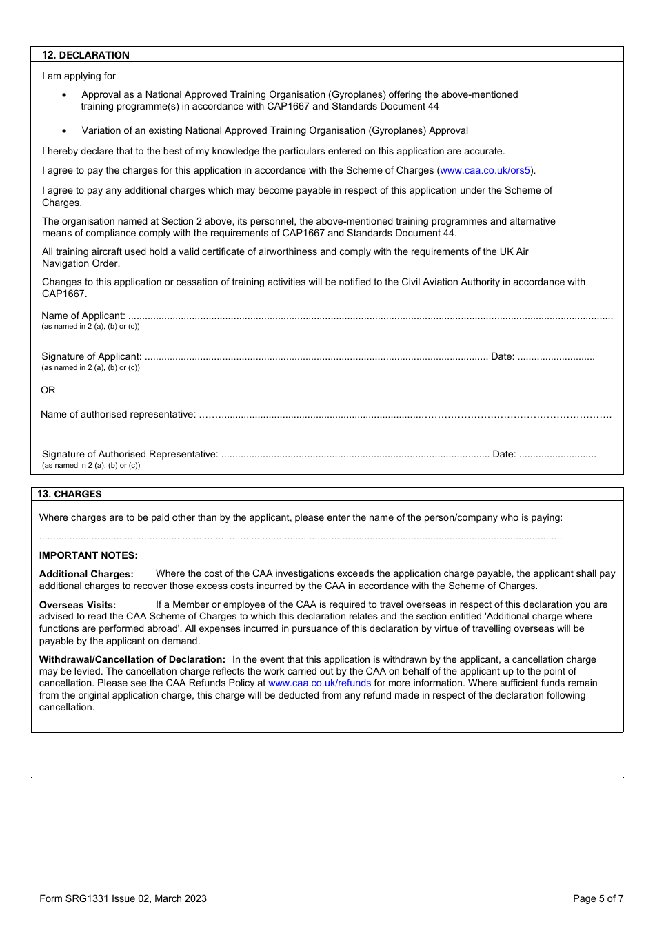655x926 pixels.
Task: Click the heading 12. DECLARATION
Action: [x=85, y=55]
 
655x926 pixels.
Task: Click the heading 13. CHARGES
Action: [x=70, y=494]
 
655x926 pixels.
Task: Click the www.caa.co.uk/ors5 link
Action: [x=485, y=170]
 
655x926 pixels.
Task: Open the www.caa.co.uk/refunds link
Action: [x=319, y=683]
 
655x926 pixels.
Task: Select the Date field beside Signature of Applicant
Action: [x=556, y=358]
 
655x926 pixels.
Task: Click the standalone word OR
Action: [x=48, y=390]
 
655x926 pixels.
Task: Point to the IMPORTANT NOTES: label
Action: [x=88, y=555]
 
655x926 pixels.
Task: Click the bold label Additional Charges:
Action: [x=86, y=574]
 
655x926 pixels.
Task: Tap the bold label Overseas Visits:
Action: [x=77, y=605]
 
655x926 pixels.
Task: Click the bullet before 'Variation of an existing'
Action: [x=65, y=131]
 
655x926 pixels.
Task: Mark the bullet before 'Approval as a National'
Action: [x=65, y=95]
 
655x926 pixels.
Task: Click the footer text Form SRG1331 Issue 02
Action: [x=123, y=898]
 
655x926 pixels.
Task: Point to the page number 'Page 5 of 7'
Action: [x=598, y=898]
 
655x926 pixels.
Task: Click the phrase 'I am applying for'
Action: [x=79, y=76]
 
